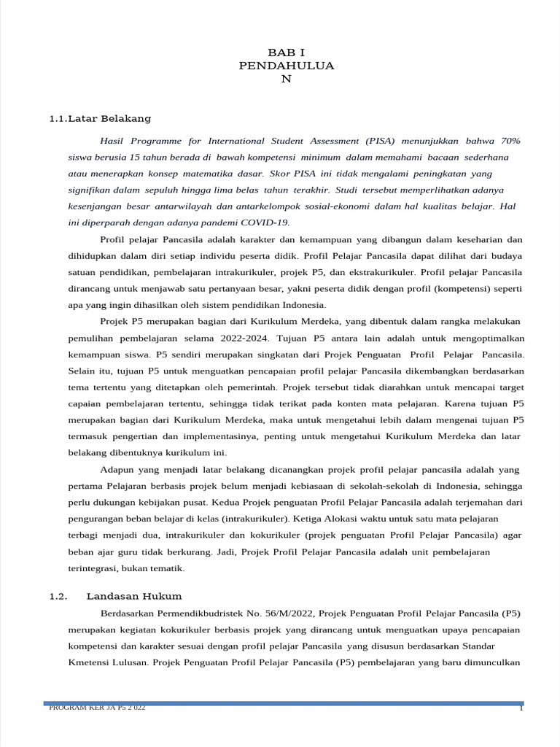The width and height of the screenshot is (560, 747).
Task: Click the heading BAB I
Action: point(287,53)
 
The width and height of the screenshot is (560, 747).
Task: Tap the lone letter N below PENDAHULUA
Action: point(287,79)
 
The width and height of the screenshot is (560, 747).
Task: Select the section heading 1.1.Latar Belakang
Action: point(100,118)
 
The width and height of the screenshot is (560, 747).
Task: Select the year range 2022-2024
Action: point(243,338)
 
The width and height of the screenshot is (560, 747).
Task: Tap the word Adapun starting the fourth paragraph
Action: point(117,470)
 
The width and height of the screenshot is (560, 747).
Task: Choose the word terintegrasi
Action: point(93,568)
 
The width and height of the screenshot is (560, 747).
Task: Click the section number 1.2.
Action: point(58,596)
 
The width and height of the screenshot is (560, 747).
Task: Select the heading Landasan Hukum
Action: point(134,596)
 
